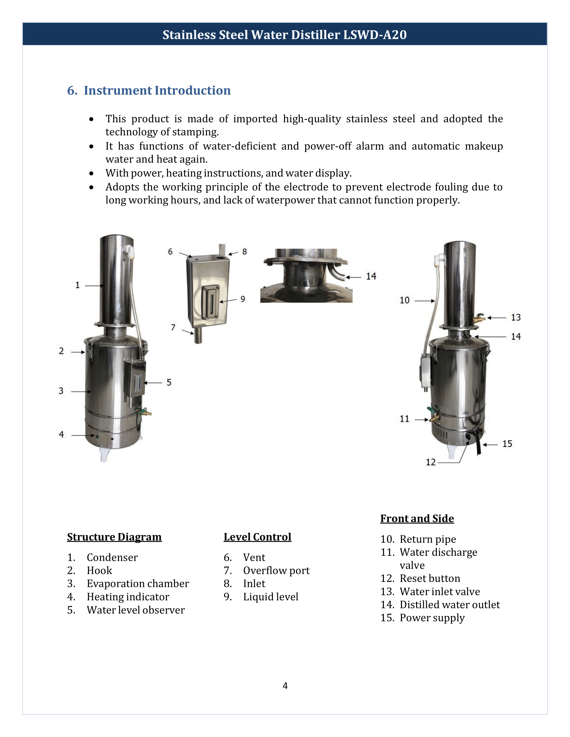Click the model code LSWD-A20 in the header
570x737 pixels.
pos(375,35)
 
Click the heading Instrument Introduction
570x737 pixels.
pos(157,90)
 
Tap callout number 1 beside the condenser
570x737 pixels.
pos(77,285)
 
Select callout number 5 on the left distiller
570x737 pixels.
pos(169,382)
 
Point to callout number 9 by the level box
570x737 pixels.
pos(242,299)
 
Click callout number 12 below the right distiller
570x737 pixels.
pos(431,462)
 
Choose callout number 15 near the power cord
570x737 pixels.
pos(507,444)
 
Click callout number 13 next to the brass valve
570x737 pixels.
pos(515,317)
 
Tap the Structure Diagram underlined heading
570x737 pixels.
pos(114,537)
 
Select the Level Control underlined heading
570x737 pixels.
pos(257,537)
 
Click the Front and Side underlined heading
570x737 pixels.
pos(417,518)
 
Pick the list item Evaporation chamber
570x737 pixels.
pos(137,584)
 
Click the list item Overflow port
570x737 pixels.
pos(276,570)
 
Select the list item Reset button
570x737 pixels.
pos(430,578)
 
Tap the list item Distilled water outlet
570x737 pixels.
pos(449,604)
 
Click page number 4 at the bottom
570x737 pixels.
pos(285,686)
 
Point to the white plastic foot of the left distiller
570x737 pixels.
pos(104,454)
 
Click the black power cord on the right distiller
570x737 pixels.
pos(478,446)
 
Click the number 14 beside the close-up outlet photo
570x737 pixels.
pos(371,276)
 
